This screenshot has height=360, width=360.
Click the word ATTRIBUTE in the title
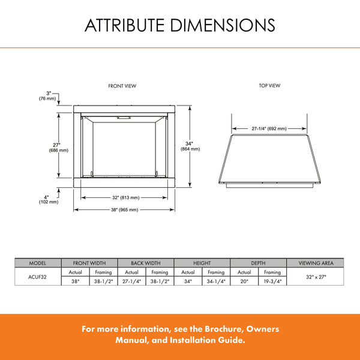point(125,25)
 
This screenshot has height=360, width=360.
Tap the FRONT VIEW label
point(122,86)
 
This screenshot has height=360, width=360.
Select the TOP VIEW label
point(269,85)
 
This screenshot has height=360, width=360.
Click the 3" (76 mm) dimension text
point(47,96)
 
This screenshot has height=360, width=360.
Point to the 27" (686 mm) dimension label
point(59,148)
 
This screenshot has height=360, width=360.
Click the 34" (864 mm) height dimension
point(190,146)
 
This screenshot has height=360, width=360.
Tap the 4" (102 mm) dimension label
point(49,200)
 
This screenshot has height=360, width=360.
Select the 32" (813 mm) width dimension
point(126,197)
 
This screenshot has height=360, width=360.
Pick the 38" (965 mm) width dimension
point(125,209)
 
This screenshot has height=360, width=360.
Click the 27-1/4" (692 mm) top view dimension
point(269,128)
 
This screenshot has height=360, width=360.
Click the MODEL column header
point(37,263)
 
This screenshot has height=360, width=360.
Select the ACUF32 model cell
point(37,277)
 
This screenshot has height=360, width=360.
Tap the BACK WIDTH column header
point(146,263)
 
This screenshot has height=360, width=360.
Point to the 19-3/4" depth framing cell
point(272,281)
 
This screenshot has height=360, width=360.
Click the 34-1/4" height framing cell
point(216,281)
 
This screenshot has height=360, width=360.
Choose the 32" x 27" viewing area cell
point(316,277)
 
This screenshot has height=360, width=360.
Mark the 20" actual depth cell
point(244,281)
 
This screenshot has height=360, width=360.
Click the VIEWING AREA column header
point(316,263)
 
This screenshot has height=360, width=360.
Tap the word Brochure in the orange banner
point(224,329)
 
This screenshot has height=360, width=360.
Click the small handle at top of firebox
point(124,118)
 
